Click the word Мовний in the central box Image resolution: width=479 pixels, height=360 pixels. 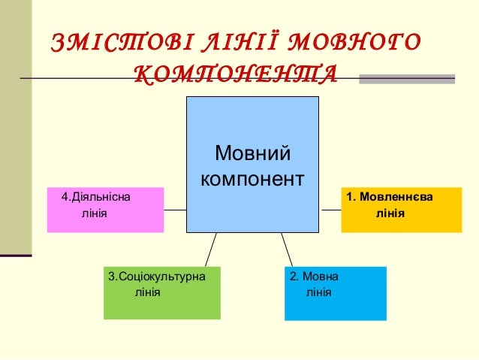click(252, 155)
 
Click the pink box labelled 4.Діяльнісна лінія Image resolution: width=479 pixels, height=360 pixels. click(105, 210)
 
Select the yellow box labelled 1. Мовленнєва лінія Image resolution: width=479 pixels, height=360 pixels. click(402, 210)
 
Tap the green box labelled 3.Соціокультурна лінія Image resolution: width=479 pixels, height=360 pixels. click(161, 293)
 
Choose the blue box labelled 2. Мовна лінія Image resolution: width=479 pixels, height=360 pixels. click(336, 293)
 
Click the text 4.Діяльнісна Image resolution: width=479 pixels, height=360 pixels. click(95, 198)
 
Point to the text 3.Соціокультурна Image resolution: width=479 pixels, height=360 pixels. click(157, 277)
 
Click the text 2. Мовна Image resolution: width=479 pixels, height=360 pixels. click(314, 277)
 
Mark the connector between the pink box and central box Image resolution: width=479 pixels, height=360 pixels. click(175, 210)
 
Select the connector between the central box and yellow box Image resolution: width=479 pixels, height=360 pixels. click(330, 210)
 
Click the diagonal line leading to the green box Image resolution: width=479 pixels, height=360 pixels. click(210, 249)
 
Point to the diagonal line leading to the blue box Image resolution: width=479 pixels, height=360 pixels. click(287, 249)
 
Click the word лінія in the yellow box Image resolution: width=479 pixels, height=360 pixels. click(390, 214)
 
